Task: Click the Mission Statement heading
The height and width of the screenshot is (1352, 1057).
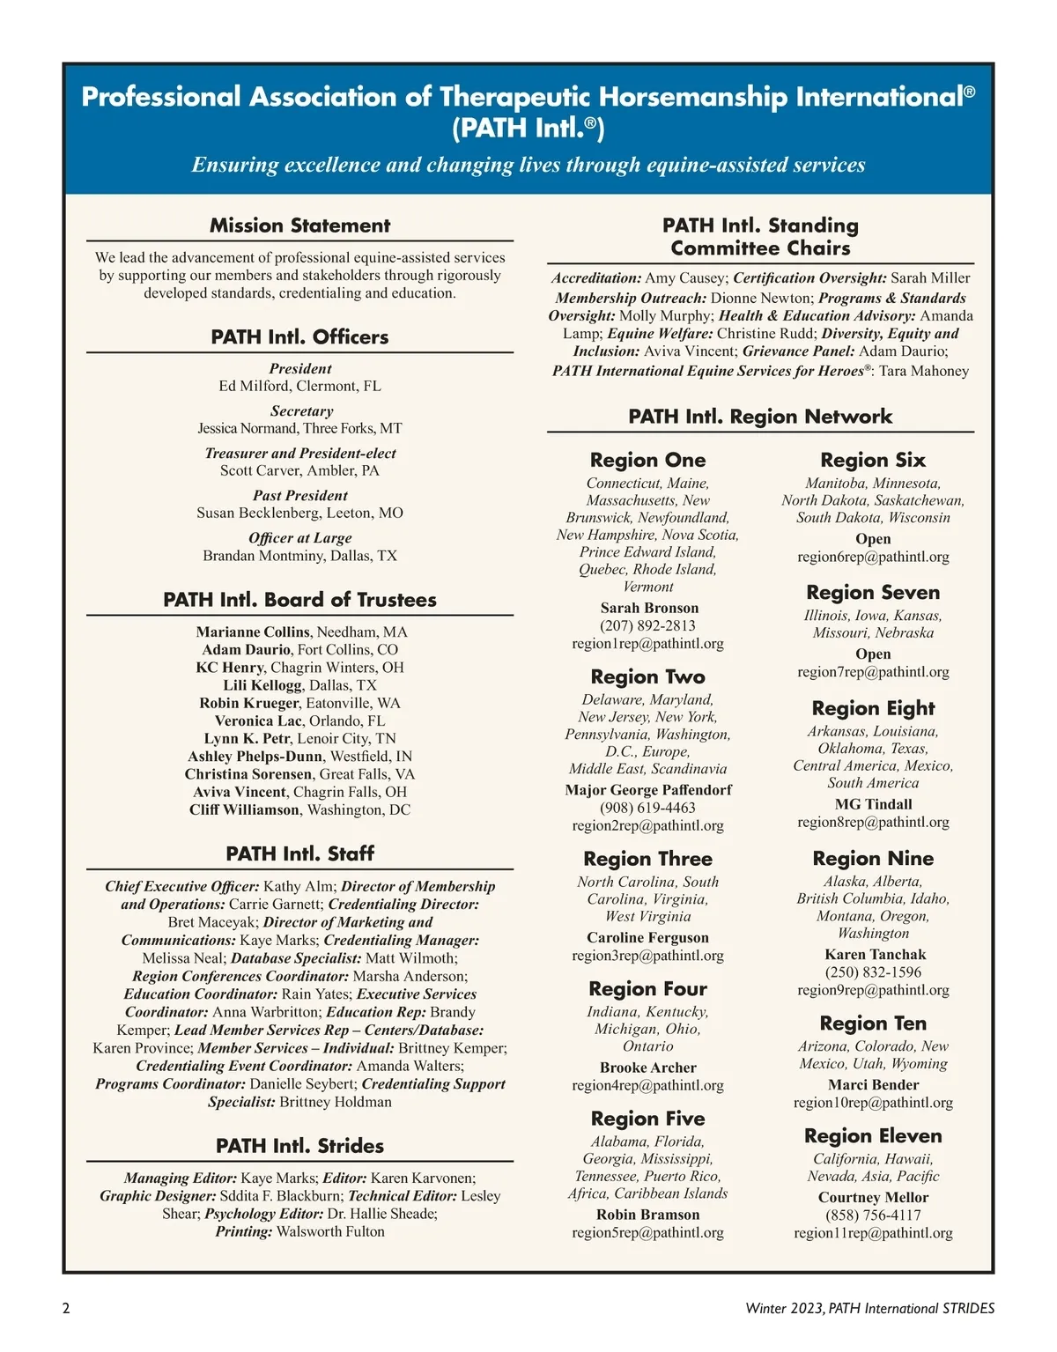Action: [x=299, y=225]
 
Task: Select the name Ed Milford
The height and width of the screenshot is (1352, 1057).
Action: [x=252, y=386]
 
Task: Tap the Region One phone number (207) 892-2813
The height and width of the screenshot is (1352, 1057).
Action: [x=647, y=625]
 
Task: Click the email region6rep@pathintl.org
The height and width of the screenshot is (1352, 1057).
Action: [x=873, y=557]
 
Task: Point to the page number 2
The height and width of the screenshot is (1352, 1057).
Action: [x=66, y=1308]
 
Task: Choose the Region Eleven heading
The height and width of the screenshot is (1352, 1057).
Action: [x=873, y=1135]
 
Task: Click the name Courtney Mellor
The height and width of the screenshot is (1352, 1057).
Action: [x=873, y=1197]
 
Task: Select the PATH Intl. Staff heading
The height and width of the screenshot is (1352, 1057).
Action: [x=299, y=853]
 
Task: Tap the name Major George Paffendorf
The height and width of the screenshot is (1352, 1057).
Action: [x=647, y=790]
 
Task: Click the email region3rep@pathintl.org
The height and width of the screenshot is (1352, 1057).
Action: [x=647, y=955]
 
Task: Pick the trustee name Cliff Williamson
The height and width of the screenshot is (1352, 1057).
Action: [x=244, y=809]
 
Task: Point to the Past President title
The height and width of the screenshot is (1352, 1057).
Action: [x=299, y=495]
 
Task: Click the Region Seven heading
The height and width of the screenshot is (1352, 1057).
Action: [x=873, y=592]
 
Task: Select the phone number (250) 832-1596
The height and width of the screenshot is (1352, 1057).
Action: [x=873, y=972]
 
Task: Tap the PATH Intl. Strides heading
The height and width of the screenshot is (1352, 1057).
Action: [x=299, y=1146]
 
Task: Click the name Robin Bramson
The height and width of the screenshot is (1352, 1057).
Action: [x=647, y=1215]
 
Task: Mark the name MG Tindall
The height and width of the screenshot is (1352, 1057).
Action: [x=873, y=804]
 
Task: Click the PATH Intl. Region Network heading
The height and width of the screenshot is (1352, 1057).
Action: [x=760, y=417]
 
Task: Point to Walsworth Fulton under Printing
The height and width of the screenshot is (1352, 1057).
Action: [x=330, y=1231]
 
